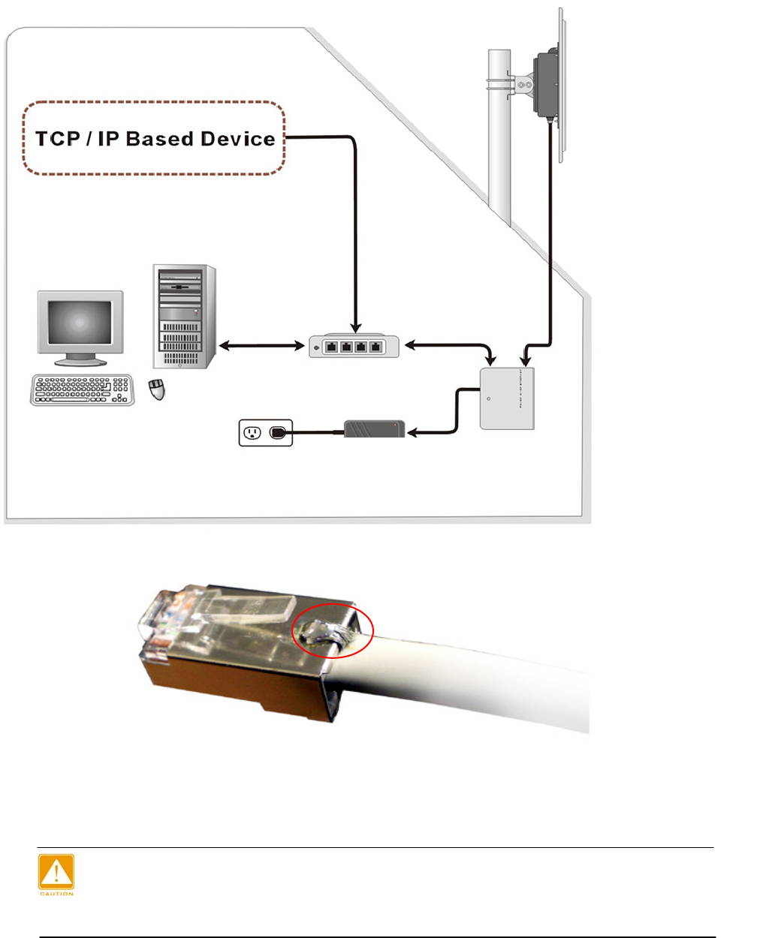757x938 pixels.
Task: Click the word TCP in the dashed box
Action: tap(58, 139)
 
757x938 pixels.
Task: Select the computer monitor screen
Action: tap(80, 323)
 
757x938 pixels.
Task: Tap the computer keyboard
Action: tap(82, 390)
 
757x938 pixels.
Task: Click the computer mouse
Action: tap(157, 389)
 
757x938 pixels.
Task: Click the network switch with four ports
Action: tap(354, 347)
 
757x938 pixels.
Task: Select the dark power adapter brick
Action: tap(374, 429)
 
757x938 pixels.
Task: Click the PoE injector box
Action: tap(507, 398)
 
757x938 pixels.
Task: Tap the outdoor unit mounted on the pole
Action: tap(546, 83)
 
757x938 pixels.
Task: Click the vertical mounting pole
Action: tap(499, 150)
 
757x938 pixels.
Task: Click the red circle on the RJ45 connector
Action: tap(332, 630)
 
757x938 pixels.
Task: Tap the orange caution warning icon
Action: tap(56, 873)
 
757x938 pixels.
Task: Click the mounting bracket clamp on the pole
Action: tap(523, 85)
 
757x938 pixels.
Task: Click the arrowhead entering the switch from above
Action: tap(355, 328)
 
